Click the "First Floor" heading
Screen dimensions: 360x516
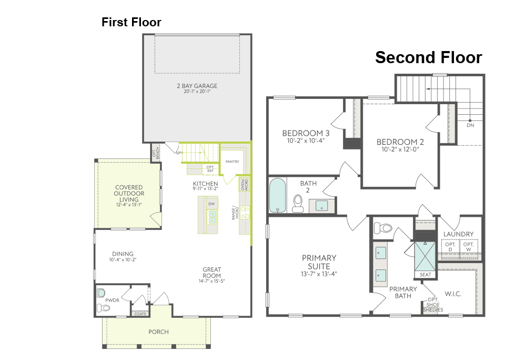(131, 22)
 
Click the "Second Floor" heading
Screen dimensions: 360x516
(428, 57)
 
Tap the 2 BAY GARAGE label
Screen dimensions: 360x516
(197, 86)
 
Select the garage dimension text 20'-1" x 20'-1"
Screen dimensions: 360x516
(197, 92)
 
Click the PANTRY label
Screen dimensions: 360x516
(232, 162)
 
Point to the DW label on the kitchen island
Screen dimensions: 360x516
(211, 204)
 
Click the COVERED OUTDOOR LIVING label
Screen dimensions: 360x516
(129, 193)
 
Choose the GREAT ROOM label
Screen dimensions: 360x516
(212, 273)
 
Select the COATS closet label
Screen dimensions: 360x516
(140, 314)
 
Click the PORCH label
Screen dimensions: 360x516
(159, 332)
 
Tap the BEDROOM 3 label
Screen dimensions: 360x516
(306, 133)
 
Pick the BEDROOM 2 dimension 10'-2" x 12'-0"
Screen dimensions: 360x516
(400, 149)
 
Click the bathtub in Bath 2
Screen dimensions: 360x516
(278, 195)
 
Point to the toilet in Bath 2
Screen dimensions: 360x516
(298, 204)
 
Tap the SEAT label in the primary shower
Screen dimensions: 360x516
(425, 275)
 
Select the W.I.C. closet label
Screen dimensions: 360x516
(453, 294)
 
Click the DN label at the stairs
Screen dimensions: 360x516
(470, 125)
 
